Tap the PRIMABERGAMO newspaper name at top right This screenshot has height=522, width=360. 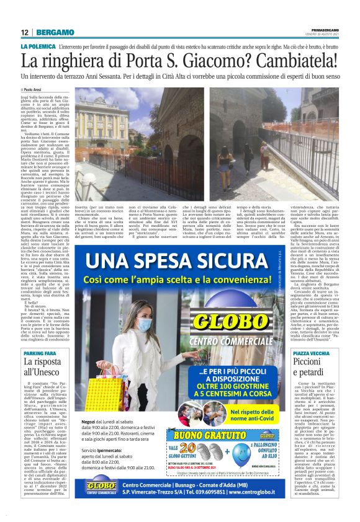[x=325, y=29]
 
